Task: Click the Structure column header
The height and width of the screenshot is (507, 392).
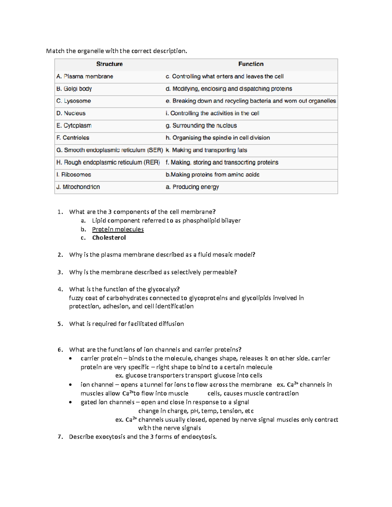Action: pos(109,64)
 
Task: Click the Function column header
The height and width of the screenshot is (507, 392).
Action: pos(251,64)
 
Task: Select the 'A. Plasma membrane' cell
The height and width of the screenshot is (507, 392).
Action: pos(85,76)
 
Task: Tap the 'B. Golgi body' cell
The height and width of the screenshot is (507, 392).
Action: pos(74,89)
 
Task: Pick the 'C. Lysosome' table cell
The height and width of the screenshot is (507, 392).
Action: pos(73,101)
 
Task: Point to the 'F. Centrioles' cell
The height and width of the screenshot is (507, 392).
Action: pos(73,138)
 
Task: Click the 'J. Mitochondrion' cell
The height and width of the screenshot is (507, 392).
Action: pos(78,187)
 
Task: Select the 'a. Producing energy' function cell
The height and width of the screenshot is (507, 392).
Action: pos(192,187)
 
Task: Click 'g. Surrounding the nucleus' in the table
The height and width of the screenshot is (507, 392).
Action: pos(201,126)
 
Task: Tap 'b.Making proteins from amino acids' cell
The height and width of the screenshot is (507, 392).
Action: pos(212,175)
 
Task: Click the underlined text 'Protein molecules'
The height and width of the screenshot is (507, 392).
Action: pos(118,229)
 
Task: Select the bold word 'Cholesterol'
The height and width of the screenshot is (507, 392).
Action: pos(109,238)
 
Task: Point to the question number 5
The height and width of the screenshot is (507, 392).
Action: pos(60,324)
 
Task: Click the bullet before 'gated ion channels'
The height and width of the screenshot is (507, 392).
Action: pos(71,403)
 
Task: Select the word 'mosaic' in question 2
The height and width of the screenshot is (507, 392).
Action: pos(222,255)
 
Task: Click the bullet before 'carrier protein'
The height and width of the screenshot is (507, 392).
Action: pos(71,358)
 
